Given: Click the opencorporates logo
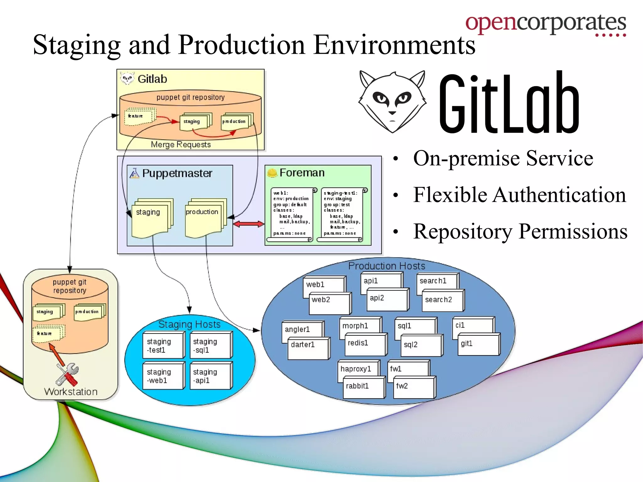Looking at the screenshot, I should click(x=545, y=24).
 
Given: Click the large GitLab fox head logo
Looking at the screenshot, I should click(x=392, y=101).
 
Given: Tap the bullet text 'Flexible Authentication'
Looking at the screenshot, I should click(x=519, y=195).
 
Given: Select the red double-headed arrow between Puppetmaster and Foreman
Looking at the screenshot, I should click(x=249, y=224).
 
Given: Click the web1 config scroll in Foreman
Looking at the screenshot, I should click(x=291, y=215).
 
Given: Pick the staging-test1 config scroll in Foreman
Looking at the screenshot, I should click(x=342, y=215).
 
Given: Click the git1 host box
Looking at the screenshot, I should click(x=478, y=344).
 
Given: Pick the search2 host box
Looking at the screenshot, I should click(x=442, y=301).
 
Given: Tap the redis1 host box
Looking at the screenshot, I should click(x=365, y=344).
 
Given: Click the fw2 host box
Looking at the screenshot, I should click(x=413, y=387).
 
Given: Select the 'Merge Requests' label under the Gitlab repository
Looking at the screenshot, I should click(x=181, y=145).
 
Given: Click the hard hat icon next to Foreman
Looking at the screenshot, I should click(x=272, y=173).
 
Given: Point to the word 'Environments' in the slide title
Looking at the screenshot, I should click(x=394, y=45).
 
